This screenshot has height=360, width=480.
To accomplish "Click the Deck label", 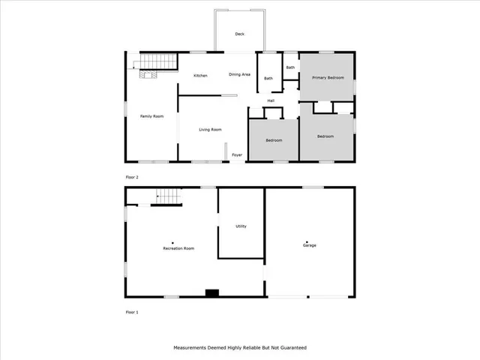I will coord(239,34).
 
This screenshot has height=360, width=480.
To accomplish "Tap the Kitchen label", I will coord(200,76).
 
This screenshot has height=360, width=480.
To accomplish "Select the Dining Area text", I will coord(239,75).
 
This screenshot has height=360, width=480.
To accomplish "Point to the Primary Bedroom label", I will coord(328,77).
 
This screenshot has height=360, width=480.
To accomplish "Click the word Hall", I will coord(271,100).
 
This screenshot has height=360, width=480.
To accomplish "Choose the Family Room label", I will coord(152,116).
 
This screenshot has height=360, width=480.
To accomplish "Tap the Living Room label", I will coord(210,130).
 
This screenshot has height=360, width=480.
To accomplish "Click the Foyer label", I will coord(237,154).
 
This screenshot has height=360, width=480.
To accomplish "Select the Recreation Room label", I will coord(179,247).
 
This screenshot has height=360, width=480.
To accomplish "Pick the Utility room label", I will coord(241,226).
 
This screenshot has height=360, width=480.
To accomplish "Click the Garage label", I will coord(309,245).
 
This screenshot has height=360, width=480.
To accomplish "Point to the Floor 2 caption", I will coord(132,177).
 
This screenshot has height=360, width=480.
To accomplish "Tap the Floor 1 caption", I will coord(132,311).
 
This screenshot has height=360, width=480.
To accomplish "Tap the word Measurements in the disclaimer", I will coord(191,348).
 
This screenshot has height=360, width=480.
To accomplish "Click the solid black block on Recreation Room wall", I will coord(212,293).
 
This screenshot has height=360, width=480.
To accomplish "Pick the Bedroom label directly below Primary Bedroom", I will coord(325,136).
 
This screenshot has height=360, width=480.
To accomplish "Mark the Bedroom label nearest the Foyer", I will coord(274,140).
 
